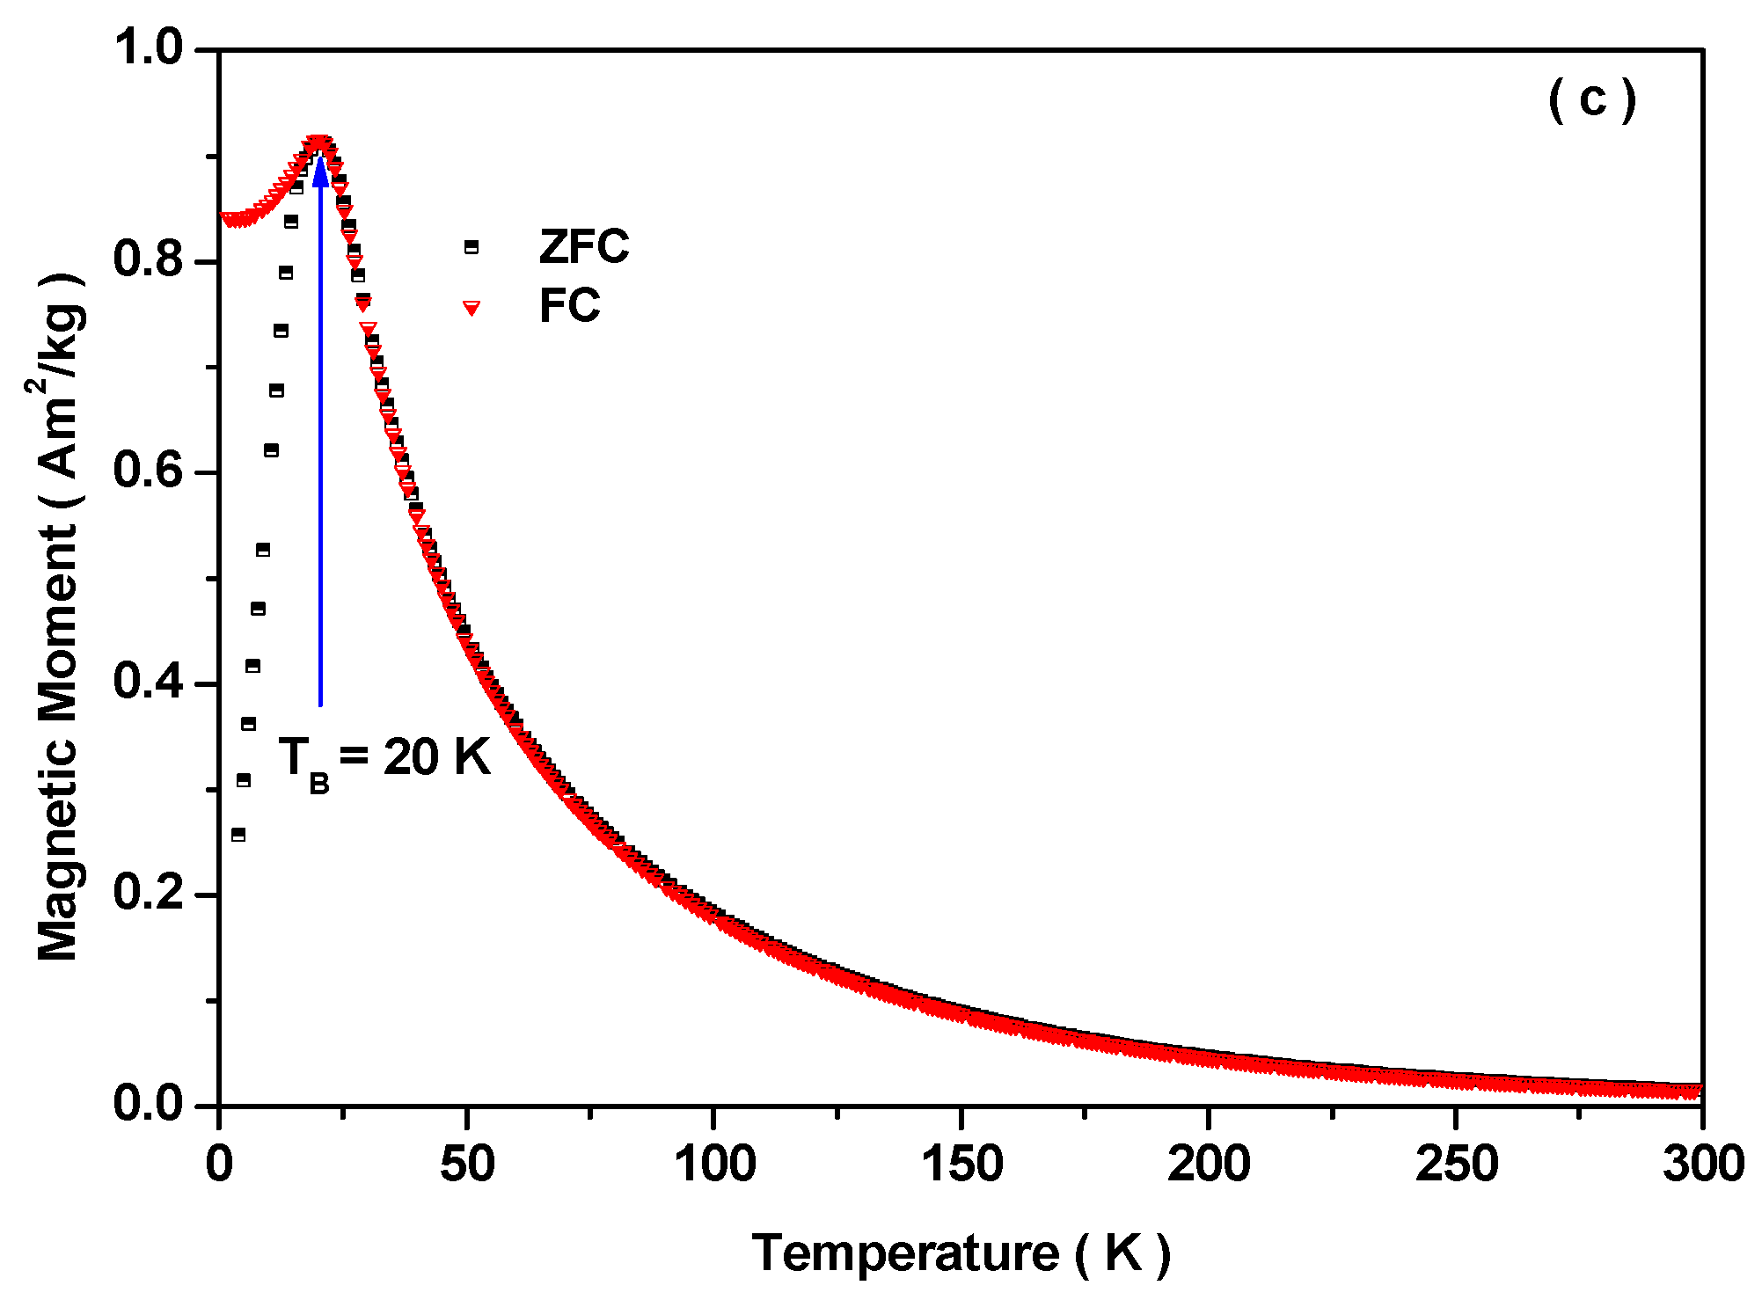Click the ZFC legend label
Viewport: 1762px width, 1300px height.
pyautogui.click(x=584, y=246)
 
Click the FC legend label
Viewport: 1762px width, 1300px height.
pyautogui.click(x=569, y=306)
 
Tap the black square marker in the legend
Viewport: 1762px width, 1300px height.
pyautogui.click(x=472, y=247)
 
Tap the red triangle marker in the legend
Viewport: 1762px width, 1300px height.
pyautogui.click(x=472, y=307)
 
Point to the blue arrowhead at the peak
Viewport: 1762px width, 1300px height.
pyautogui.click(x=321, y=169)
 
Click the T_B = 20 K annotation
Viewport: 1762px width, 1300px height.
pyautogui.click(x=384, y=758)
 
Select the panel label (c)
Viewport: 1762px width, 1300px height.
pyautogui.click(x=1592, y=99)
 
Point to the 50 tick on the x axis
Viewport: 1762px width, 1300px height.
pyautogui.click(x=467, y=1164)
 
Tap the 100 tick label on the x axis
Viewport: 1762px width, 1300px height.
pyautogui.click(x=714, y=1164)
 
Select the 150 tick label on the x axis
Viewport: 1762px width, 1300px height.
pyautogui.click(x=961, y=1164)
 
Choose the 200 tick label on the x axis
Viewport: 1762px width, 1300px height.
pyautogui.click(x=1209, y=1164)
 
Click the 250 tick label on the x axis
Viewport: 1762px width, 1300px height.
pyautogui.click(x=1456, y=1164)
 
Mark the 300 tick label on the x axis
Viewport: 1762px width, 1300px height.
pyautogui.click(x=1703, y=1164)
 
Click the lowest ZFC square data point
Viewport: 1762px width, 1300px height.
pyautogui.click(x=238, y=835)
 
